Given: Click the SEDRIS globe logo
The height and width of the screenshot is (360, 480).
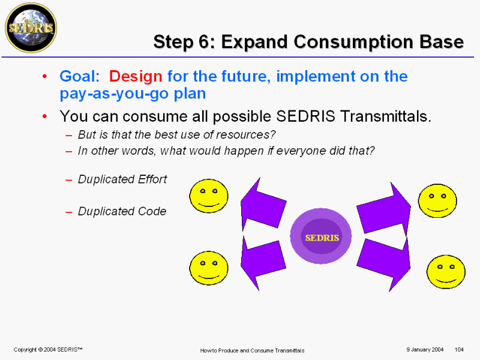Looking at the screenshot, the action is pyautogui.click(x=31, y=28).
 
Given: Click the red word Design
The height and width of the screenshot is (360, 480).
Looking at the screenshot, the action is pyautogui.click(x=136, y=76).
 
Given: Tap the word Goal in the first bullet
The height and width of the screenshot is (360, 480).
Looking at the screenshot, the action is pyautogui.click(x=79, y=76).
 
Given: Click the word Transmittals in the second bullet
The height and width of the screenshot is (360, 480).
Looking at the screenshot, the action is pyautogui.click(x=386, y=116).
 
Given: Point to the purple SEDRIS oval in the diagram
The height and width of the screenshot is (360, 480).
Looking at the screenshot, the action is pyautogui.click(x=321, y=236).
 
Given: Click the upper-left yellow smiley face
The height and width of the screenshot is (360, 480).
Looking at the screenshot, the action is pyautogui.click(x=209, y=196).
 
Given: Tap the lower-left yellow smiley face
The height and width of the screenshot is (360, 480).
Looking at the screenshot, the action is pyautogui.click(x=209, y=268).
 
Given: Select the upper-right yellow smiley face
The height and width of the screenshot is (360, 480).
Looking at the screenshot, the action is pyautogui.click(x=437, y=201).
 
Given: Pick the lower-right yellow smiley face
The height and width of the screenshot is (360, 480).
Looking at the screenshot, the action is pyautogui.click(x=446, y=272).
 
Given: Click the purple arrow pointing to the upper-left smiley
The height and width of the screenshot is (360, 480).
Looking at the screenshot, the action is pyautogui.click(x=263, y=205).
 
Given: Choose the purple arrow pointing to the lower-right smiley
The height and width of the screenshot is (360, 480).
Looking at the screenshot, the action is pyautogui.click(x=383, y=264).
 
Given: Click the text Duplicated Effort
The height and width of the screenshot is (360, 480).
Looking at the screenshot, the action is pyautogui.click(x=122, y=179).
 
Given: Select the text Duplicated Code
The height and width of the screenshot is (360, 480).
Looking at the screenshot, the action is pyautogui.click(x=122, y=211).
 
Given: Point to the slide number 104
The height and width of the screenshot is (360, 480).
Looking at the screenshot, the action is pyautogui.click(x=459, y=350).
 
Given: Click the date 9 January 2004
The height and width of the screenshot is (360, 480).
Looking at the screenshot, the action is pyautogui.click(x=425, y=350).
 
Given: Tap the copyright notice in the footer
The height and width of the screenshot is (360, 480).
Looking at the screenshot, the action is pyautogui.click(x=48, y=350).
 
